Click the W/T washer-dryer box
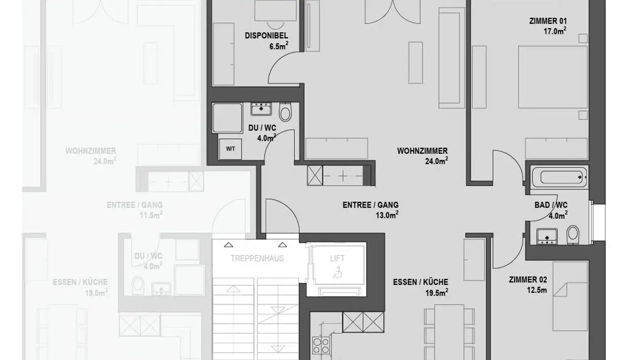230,149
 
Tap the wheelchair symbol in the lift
337,272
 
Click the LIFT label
337,259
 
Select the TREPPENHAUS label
257,259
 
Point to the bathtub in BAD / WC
559,177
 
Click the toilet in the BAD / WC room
573,235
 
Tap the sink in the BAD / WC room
547,236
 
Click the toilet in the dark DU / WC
285,112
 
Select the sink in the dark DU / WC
261,109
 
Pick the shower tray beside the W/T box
228,118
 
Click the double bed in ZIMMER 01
553,77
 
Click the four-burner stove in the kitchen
321,346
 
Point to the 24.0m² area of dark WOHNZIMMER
436,161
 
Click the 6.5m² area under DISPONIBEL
279,46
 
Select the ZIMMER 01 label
548,21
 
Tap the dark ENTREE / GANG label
371,205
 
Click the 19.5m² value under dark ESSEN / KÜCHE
436,292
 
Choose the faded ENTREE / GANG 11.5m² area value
151,215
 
